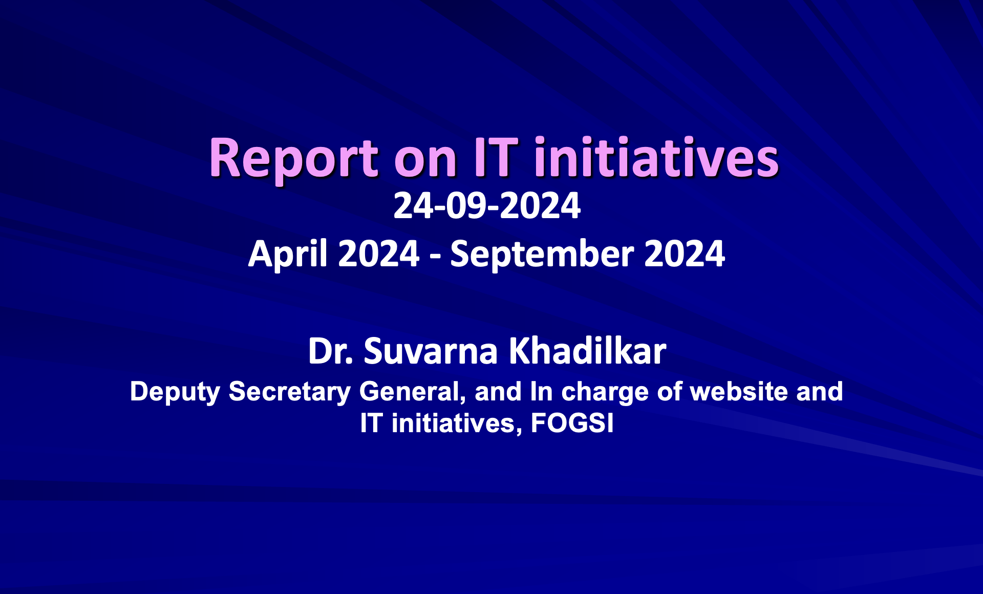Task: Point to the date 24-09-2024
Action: (487, 206)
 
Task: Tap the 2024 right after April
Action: (379, 254)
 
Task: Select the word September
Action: (542, 254)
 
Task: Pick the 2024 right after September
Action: (685, 254)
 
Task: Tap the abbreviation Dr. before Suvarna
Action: (331, 352)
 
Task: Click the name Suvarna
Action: (431, 352)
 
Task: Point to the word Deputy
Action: (175, 393)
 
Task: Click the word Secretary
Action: (290, 393)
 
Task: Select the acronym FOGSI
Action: (572, 423)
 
